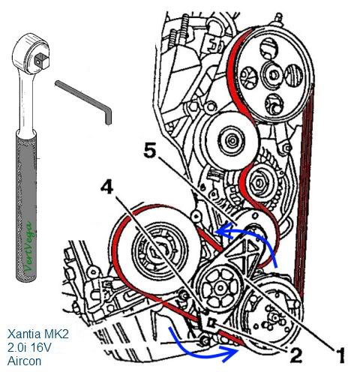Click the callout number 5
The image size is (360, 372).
[x=150, y=151]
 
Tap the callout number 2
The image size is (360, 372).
[x=296, y=355]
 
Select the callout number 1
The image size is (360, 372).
[x=339, y=355]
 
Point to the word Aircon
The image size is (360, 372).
[x=24, y=361]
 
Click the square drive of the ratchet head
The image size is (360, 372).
[x=39, y=61]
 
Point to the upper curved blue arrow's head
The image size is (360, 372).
[x=223, y=230]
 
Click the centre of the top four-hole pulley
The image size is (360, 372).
[x=273, y=74]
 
